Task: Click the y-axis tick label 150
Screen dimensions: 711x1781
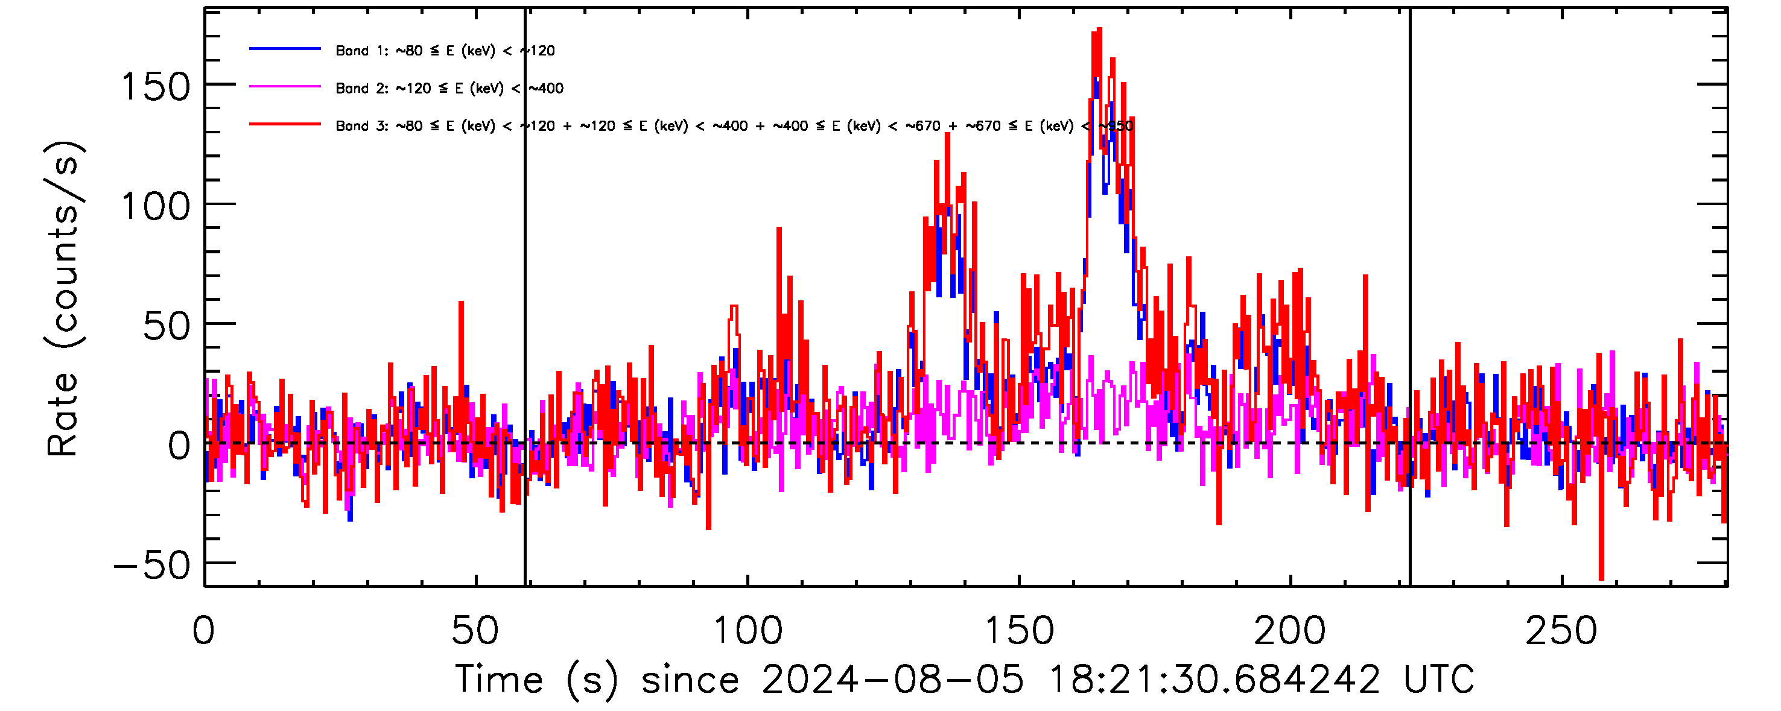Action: pyautogui.click(x=155, y=88)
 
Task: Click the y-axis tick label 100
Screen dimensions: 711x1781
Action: pyautogui.click(x=155, y=207)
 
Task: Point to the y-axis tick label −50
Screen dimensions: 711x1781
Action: pyautogui.click(x=152, y=566)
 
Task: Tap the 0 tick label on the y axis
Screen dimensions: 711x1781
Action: pyautogui.click(x=179, y=446)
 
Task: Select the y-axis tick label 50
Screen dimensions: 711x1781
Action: pyautogui.click(x=166, y=326)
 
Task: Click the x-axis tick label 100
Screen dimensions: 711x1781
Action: pyautogui.click(x=748, y=631)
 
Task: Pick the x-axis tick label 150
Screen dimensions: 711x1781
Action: pyautogui.click(x=1019, y=631)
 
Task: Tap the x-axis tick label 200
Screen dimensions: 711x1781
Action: pyautogui.click(x=1290, y=631)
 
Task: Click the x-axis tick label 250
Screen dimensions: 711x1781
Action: pyautogui.click(x=1562, y=631)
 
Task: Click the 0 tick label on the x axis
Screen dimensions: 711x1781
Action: pyautogui.click(x=204, y=631)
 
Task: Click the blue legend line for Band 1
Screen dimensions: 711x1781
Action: pyautogui.click(x=285, y=49)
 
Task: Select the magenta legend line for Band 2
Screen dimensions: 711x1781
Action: pyautogui.click(x=285, y=87)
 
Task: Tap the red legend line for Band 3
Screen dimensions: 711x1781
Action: pyautogui.click(x=285, y=124)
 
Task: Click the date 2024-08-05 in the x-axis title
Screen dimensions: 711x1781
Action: pyautogui.click(x=892, y=679)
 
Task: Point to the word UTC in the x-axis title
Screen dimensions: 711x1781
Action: pyautogui.click(x=1438, y=679)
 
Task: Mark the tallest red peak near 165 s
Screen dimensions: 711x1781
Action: pyautogui.click(x=1099, y=30)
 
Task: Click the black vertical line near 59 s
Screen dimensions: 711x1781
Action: pyautogui.click(x=525, y=297)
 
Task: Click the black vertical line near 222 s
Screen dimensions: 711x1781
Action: pyautogui.click(x=1410, y=297)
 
